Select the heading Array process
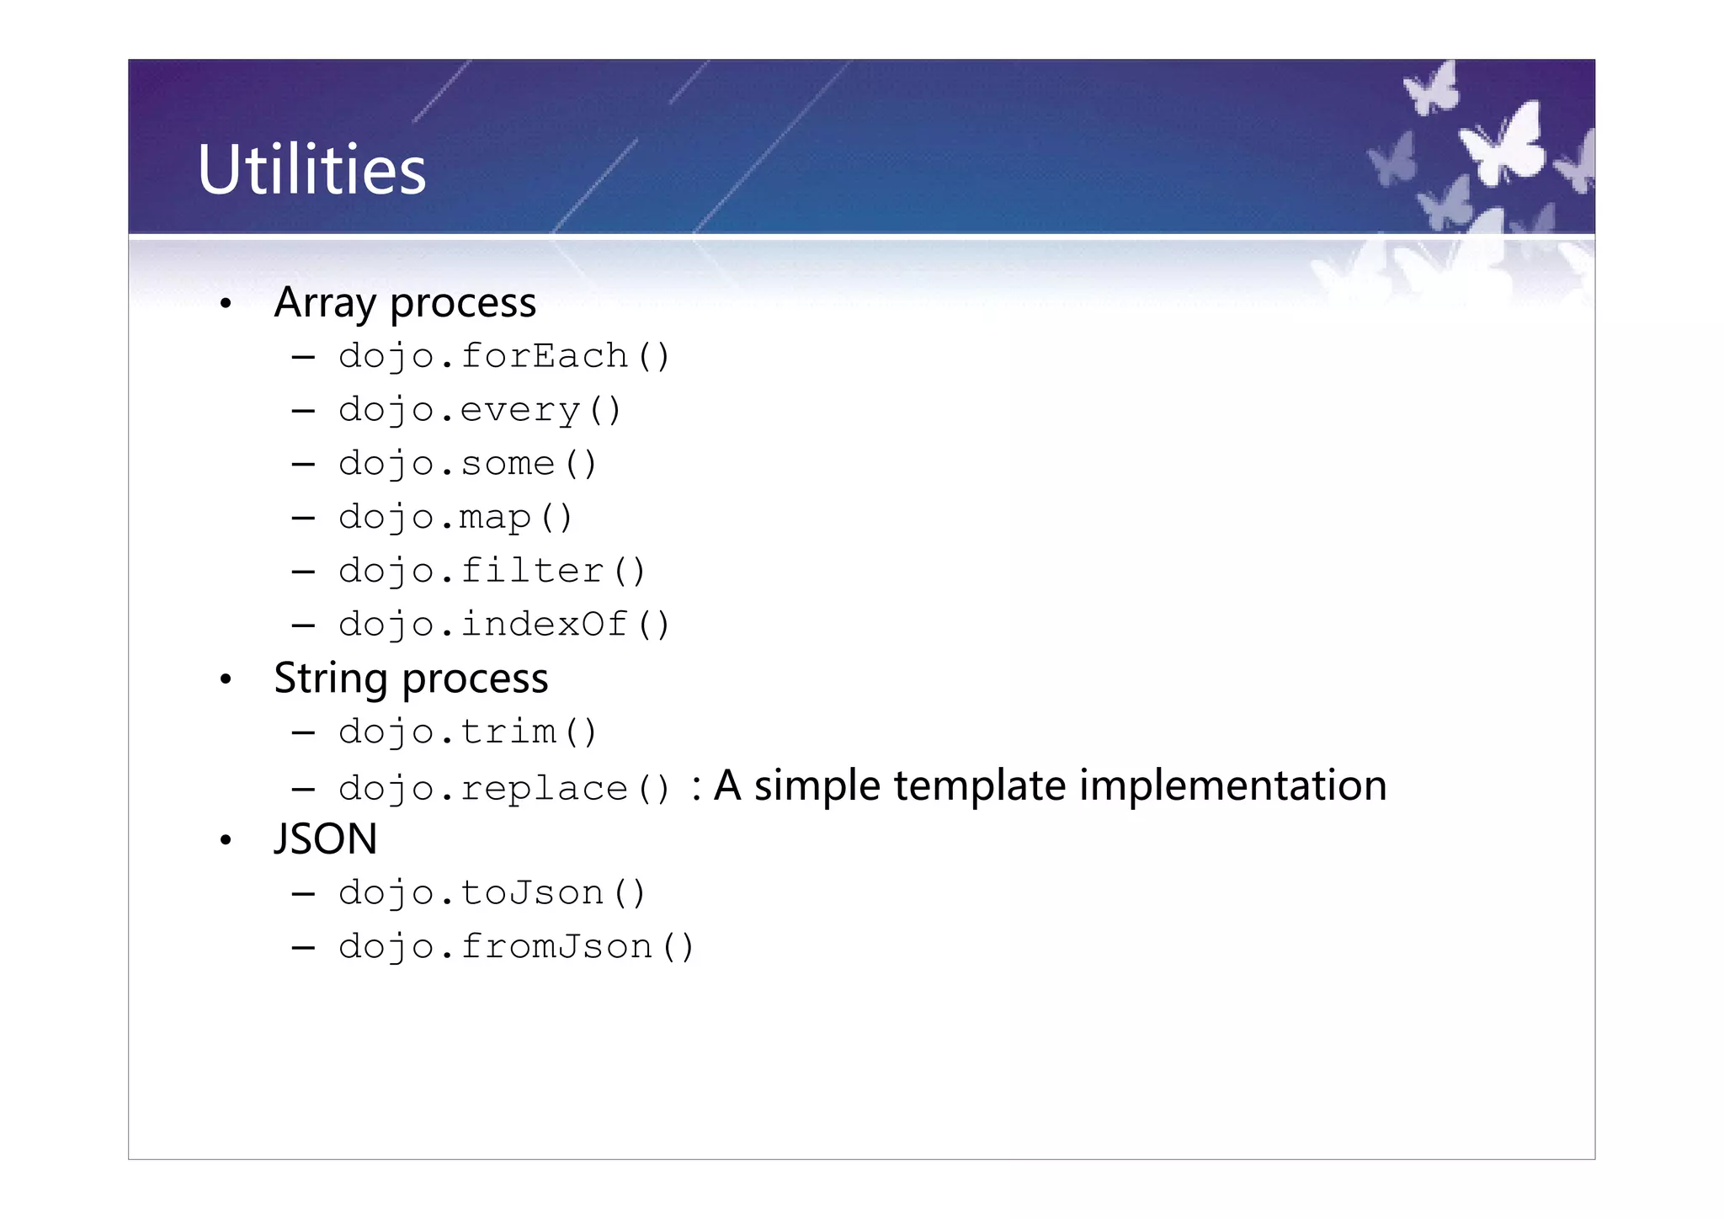click(x=405, y=303)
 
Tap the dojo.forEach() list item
click(x=503, y=357)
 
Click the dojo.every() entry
click(x=479, y=411)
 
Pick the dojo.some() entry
click(x=467, y=464)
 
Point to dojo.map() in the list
click(x=455, y=518)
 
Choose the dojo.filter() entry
click(x=492, y=572)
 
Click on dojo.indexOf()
click(x=503, y=625)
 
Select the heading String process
click(x=411, y=679)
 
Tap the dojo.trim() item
click(x=467, y=732)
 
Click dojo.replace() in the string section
click(x=503, y=789)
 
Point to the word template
click(x=981, y=786)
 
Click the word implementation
click(x=1232, y=786)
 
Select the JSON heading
click(x=326, y=839)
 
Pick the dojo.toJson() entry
click(x=492, y=893)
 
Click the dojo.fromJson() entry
click(x=515, y=947)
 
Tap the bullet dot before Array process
click(x=225, y=304)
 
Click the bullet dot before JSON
click(x=225, y=840)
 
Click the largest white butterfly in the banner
click(x=1504, y=145)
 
